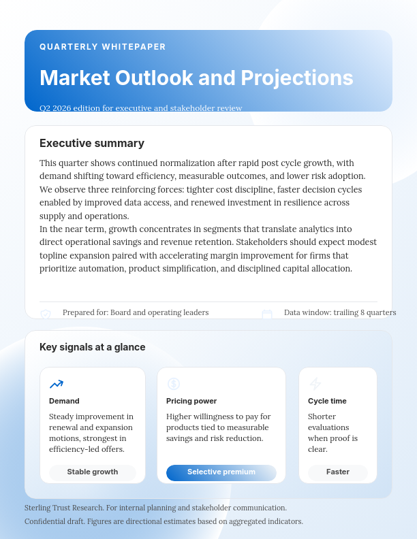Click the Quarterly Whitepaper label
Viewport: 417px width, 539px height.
tap(103, 47)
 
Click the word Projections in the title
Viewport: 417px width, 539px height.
tap(294, 78)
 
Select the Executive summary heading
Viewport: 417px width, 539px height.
tap(92, 143)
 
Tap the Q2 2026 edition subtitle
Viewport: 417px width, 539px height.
tap(140, 108)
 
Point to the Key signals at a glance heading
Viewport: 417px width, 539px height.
tap(93, 347)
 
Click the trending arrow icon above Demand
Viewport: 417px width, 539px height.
tap(57, 384)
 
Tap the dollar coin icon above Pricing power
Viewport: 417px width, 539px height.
tap(174, 384)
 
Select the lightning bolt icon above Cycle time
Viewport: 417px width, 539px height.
tap(315, 384)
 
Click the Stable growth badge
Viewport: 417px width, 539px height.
tap(93, 472)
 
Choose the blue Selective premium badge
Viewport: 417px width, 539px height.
tap(221, 472)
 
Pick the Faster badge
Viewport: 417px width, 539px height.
tap(338, 472)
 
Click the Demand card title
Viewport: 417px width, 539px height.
tap(64, 401)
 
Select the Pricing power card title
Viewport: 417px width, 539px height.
tap(191, 401)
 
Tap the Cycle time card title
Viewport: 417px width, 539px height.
tap(327, 401)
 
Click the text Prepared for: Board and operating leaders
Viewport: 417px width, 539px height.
tap(136, 312)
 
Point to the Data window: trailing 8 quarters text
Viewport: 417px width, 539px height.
tap(340, 312)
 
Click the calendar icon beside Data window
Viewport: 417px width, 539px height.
tap(267, 314)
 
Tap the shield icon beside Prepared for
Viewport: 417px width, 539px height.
tap(46, 314)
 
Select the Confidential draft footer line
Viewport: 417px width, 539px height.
tap(164, 521)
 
